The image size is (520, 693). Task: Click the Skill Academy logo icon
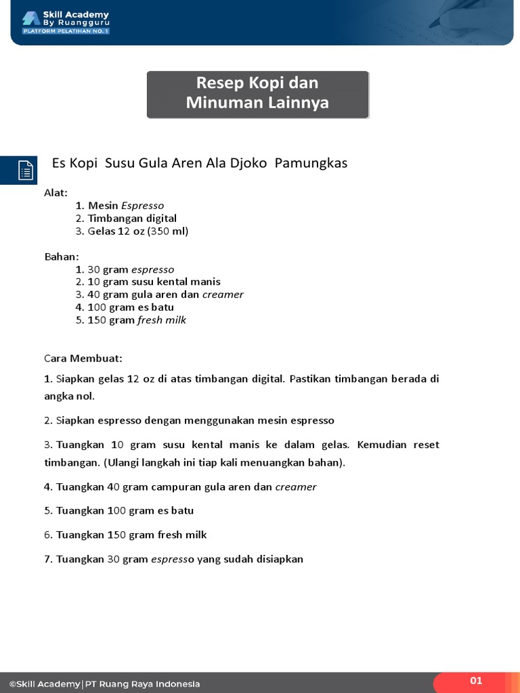tap(31, 19)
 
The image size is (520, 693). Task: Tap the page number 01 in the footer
tap(476, 681)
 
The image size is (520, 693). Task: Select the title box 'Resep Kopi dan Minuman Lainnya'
tap(258, 94)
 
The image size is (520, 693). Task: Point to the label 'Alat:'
tap(56, 193)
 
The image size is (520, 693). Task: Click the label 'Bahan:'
tap(62, 256)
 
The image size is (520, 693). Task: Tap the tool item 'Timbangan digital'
tap(132, 218)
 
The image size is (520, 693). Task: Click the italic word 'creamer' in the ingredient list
tap(223, 294)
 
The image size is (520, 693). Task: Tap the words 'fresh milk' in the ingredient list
tap(162, 320)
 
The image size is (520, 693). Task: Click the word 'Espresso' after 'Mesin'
tap(142, 205)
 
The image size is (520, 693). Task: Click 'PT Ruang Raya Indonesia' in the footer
tap(142, 684)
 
